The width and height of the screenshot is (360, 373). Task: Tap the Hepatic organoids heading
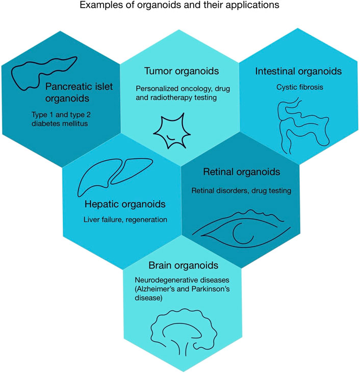pos(125,205)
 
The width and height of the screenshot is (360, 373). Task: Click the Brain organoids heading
pos(184,266)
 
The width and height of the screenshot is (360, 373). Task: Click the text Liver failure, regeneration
pos(125,220)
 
